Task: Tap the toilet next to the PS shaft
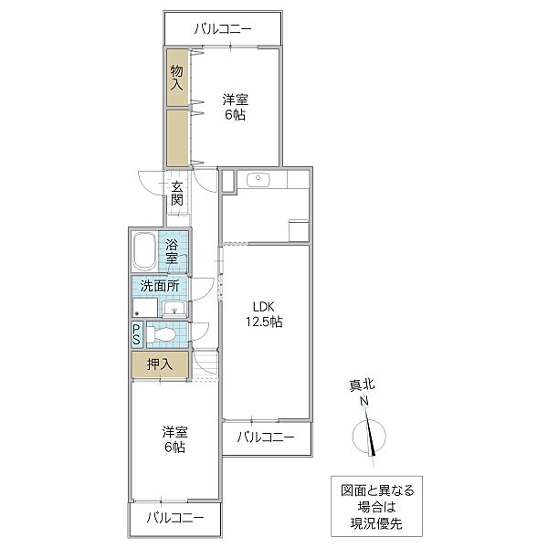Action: pyautogui.click(x=164, y=335)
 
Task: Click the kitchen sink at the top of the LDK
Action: pyautogui.click(x=258, y=179)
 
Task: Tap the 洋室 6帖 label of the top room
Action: pyautogui.click(x=236, y=107)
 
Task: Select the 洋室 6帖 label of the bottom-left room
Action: pyautogui.click(x=174, y=439)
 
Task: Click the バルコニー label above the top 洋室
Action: pyautogui.click(x=223, y=28)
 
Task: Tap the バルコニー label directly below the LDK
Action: pyautogui.click(x=266, y=437)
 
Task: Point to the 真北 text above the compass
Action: pyautogui.click(x=363, y=385)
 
